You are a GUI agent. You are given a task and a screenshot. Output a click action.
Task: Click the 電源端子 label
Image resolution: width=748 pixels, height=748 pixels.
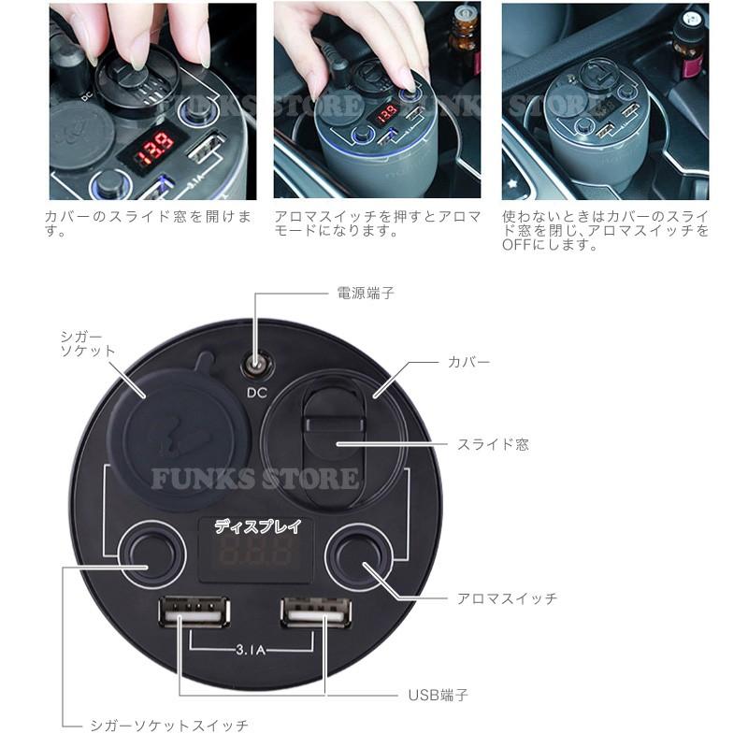[x=366, y=293]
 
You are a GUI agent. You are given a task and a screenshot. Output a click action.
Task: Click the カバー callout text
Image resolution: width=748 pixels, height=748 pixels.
[x=468, y=360]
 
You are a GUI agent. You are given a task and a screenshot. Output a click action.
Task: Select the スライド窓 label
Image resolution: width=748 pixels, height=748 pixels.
[x=493, y=444]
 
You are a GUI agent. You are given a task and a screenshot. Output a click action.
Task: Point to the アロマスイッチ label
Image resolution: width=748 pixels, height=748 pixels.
[x=508, y=597]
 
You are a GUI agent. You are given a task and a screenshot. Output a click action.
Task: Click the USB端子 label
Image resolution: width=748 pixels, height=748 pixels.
[x=438, y=695]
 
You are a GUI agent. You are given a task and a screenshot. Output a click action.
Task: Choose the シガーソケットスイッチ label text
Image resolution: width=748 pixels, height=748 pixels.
[x=170, y=725]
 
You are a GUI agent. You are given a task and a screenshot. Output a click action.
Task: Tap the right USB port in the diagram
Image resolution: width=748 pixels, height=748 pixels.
[x=316, y=613]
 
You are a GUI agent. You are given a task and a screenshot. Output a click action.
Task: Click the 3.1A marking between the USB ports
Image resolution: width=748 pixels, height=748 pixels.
[x=252, y=645]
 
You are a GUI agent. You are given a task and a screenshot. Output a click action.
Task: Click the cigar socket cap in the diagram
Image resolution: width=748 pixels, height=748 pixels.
[x=172, y=434]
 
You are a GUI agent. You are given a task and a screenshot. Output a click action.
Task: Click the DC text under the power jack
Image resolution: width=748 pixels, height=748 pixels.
[x=254, y=392]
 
